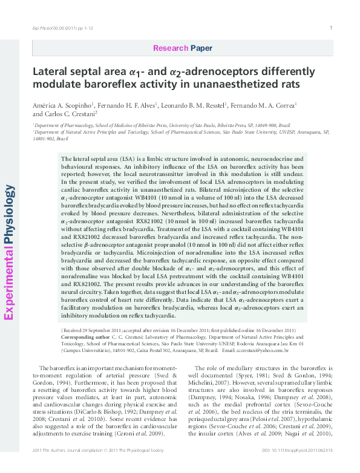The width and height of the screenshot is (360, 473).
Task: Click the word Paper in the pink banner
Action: [201, 47]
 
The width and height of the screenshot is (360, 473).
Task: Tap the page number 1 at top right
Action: [331, 28]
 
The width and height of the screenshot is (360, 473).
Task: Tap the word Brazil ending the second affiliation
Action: [61, 139]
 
